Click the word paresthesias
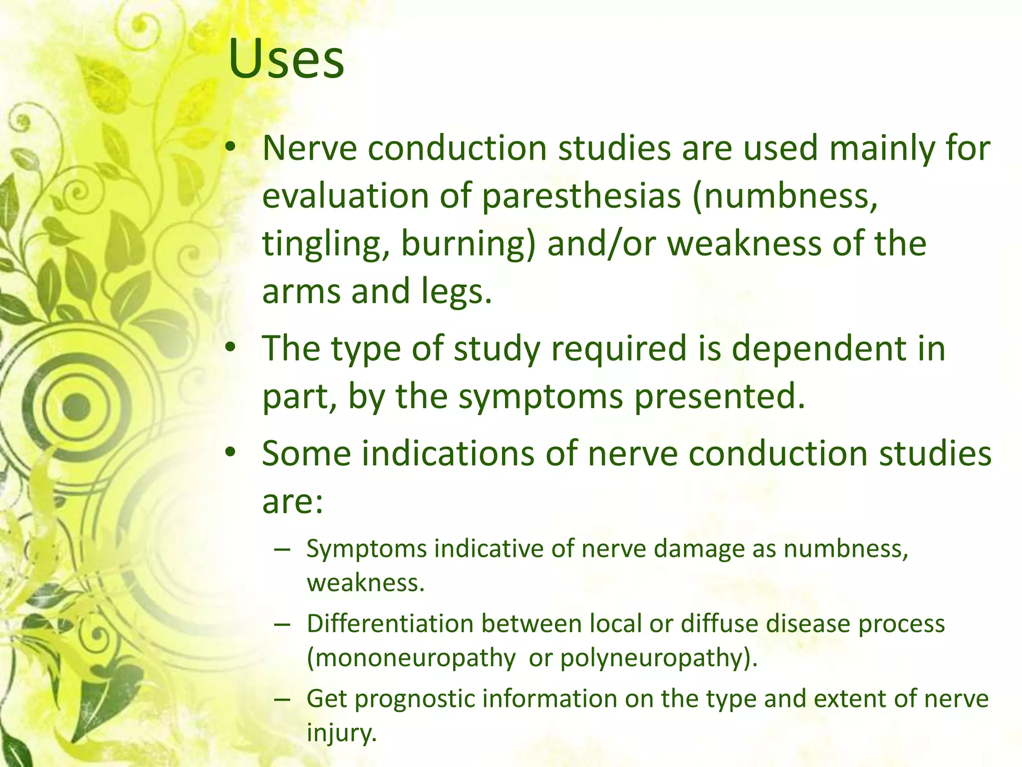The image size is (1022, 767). point(581,196)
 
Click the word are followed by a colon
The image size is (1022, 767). point(293,501)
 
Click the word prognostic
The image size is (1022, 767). point(414,699)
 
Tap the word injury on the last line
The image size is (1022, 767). point(341,733)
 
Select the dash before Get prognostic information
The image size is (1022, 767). point(282,699)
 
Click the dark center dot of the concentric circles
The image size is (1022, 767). point(77,406)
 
